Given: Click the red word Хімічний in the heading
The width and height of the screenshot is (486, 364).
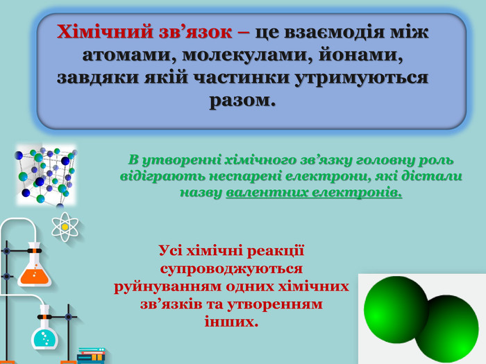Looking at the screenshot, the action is click(105, 32).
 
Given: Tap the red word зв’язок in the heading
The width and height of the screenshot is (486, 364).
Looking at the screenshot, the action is click(195, 32).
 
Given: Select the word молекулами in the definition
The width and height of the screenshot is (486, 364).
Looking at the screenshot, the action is click(247, 55).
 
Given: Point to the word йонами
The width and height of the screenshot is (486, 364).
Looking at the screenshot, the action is click(361, 55).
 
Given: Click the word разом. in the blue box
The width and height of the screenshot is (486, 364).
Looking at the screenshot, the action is click(243, 101).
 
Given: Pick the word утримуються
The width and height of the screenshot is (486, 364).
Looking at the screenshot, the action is click(361, 78).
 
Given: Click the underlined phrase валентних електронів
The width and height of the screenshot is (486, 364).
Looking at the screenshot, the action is click(314, 193).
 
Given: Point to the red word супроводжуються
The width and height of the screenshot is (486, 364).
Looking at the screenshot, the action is click(231, 269).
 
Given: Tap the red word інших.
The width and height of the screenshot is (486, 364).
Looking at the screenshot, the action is click(231, 322).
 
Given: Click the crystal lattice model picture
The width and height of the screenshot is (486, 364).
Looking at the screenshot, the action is click(46, 175).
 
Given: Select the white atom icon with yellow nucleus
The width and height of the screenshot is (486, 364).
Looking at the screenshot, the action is click(65, 227).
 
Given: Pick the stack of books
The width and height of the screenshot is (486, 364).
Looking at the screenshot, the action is click(91, 356).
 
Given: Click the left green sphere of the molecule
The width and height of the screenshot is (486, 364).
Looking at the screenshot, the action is click(396, 310).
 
